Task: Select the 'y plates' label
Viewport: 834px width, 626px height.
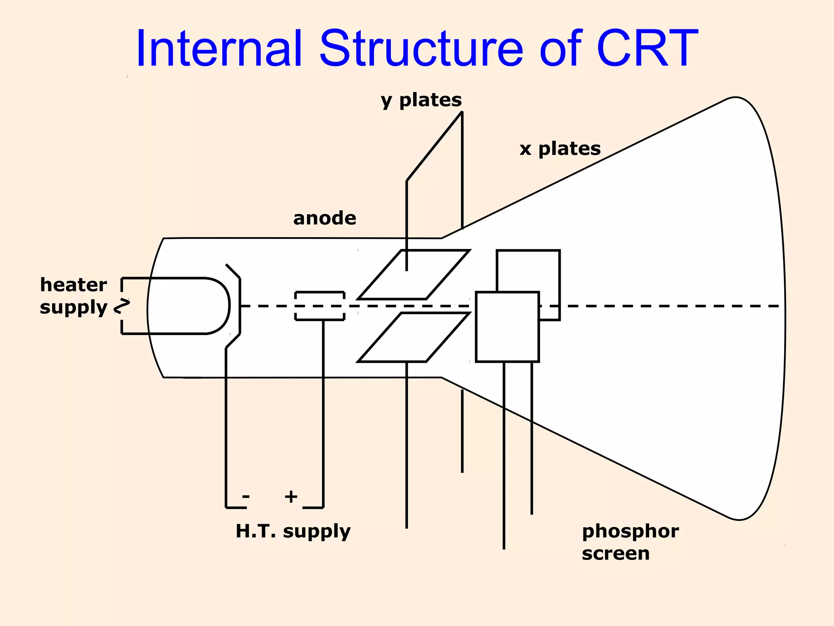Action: point(421,100)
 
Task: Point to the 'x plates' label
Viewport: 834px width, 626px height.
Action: point(560,149)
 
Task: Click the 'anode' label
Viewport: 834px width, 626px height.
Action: point(325,218)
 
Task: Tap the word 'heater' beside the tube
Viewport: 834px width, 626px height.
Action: point(73,285)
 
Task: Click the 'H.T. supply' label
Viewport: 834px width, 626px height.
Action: point(293,531)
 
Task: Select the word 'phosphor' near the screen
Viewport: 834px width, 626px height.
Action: point(630,531)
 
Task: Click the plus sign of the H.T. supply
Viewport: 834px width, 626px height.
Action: point(291,497)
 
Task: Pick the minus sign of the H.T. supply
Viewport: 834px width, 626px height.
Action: point(246,497)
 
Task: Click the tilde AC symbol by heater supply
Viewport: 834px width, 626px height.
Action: point(122,306)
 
